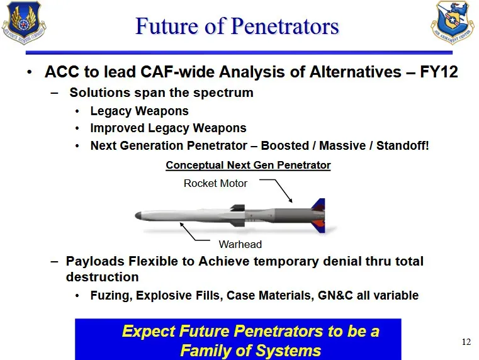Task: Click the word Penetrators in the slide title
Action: click(x=285, y=26)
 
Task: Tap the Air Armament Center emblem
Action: click(x=453, y=22)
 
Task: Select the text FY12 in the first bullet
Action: click(x=439, y=72)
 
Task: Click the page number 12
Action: click(x=466, y=342)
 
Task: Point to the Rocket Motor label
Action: click(x=215, y=183)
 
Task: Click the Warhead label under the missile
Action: click(x=240, y=244)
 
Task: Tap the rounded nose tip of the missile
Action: click(x=137, y=216)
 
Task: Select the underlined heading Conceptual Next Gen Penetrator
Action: click(x=248, y=165)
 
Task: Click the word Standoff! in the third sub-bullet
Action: click(x=402, y=145)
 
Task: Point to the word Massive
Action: click(x=342, y=145)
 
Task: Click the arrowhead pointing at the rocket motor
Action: click(x=291, y=200)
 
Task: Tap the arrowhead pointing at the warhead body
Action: click(x=181, y=225)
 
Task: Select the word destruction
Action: click(x=103, y=277)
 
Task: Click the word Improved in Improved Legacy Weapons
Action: click(x=117, y=128)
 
